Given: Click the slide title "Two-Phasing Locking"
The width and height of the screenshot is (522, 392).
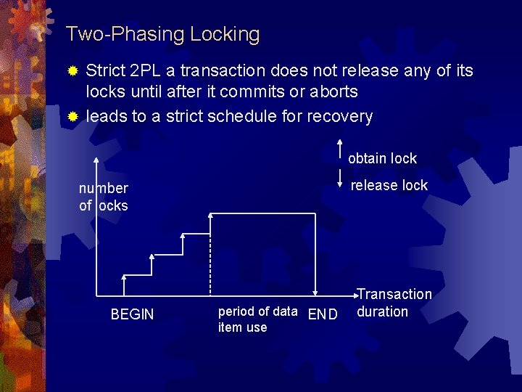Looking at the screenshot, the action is [x=162, y=34].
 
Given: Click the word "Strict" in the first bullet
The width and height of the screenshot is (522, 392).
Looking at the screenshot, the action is [x=104, y=71].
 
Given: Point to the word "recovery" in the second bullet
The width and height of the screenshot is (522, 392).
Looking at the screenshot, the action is [x=340, y=116].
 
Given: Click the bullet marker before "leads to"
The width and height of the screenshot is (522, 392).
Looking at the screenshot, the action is [x=72, y=117].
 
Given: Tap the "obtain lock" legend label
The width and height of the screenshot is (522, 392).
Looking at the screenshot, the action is [x=382, y=158].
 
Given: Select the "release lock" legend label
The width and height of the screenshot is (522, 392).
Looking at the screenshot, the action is [x=389, y=185].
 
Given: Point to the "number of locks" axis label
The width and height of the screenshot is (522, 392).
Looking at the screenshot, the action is [x=103, y=197].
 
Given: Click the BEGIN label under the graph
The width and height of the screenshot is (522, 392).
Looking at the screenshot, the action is [x=132, y=314].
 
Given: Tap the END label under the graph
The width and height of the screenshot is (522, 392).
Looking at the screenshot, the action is [x=323, y=314].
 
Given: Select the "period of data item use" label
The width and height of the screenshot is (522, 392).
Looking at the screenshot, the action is [x=257, y=319].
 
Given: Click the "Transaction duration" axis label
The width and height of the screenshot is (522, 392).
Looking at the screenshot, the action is [x=394, y=303].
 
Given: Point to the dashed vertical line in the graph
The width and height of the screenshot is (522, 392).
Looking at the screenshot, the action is [x=210, y=254].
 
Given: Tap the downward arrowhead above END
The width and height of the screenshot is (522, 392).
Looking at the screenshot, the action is [x=315, y=291].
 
